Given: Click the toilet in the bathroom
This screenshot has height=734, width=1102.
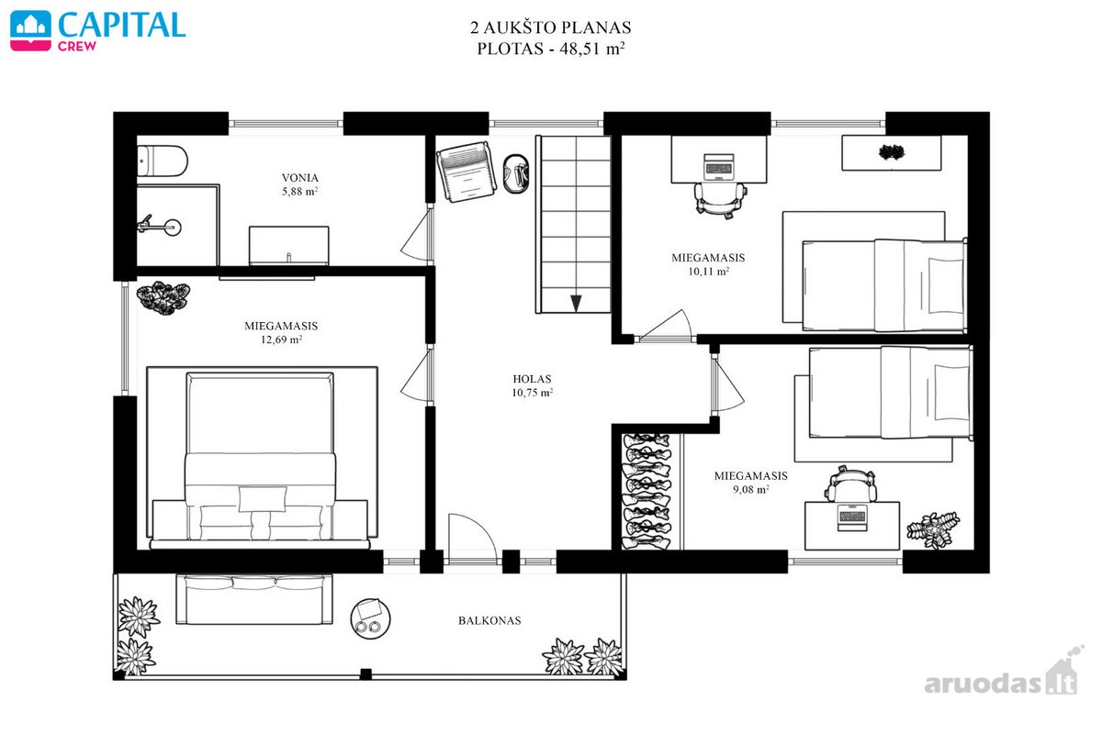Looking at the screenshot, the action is [x=162, y=161].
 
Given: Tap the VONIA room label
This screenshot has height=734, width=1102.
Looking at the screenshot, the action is [x=299, y=177].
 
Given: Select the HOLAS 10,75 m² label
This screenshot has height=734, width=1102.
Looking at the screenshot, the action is [x=532, y=385].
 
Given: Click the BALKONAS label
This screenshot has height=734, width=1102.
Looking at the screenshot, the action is [x=489, y=620].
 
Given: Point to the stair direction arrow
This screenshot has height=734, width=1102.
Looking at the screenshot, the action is [x=576, y=304].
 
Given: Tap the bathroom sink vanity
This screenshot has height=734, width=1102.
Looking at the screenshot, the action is [x=288, y=245].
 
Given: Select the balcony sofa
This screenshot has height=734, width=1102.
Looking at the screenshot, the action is [x=254, y=599].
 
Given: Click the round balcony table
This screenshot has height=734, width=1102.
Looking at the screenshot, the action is [x=370, y=618].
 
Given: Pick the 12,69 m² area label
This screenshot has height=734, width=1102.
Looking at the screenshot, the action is [x=281, y=339].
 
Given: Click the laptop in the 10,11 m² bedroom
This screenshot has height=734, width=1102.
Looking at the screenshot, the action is [x=719, y=166].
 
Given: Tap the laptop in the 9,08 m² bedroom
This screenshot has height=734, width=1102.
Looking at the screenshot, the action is [x=851, y=517].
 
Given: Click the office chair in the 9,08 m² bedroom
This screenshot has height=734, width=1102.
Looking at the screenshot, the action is [x=850, y=484].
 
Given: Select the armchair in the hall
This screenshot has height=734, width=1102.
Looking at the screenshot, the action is [x=465, y=171].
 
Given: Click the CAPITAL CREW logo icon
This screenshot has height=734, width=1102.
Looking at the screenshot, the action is [x=30, y=30].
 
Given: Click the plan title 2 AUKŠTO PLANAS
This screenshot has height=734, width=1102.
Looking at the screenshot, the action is [x=550, y=28].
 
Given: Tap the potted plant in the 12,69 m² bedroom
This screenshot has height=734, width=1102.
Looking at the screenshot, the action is [x=163, y=298].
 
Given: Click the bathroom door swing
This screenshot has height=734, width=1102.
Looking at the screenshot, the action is [x=417, y=234].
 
